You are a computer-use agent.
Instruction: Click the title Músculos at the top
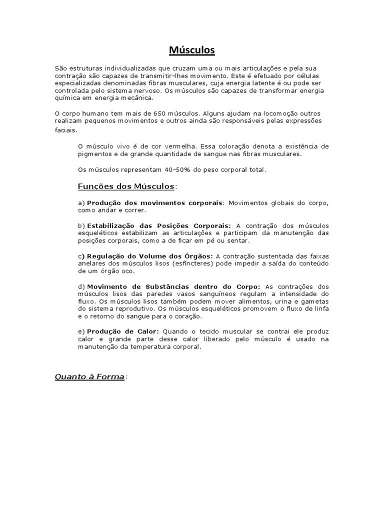191,50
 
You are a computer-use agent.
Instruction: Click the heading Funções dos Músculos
126,186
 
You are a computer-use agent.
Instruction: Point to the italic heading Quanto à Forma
89,376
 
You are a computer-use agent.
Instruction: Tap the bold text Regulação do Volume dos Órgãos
150,256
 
